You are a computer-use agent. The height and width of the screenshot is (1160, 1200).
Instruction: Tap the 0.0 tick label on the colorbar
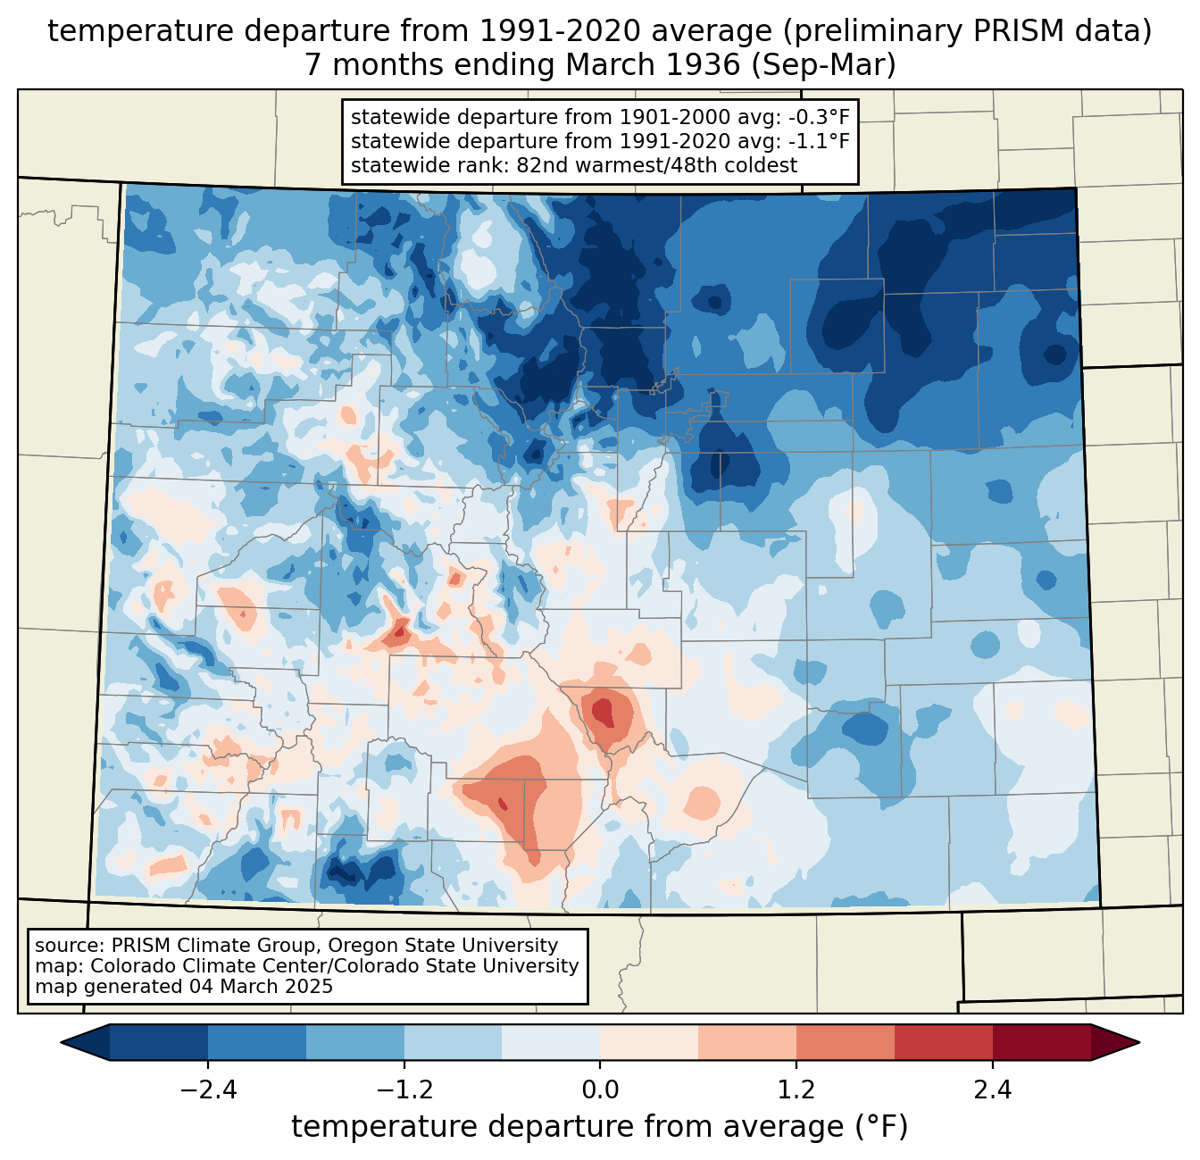[600, 1090]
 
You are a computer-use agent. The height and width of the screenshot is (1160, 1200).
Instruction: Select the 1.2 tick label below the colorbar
[796, 1090]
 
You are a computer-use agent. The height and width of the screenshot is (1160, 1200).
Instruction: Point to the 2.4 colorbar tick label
[992, 1090]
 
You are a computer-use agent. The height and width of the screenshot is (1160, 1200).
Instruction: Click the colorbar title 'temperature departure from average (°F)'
[600, 1127]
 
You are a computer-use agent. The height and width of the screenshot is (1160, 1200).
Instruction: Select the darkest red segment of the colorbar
[1041, 1042]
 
